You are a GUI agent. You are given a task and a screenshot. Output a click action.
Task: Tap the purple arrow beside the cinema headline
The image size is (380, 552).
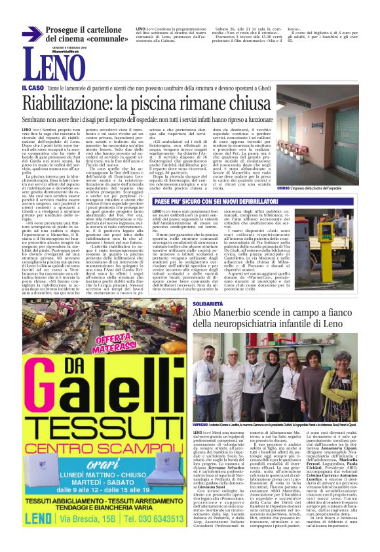coord(30,33)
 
